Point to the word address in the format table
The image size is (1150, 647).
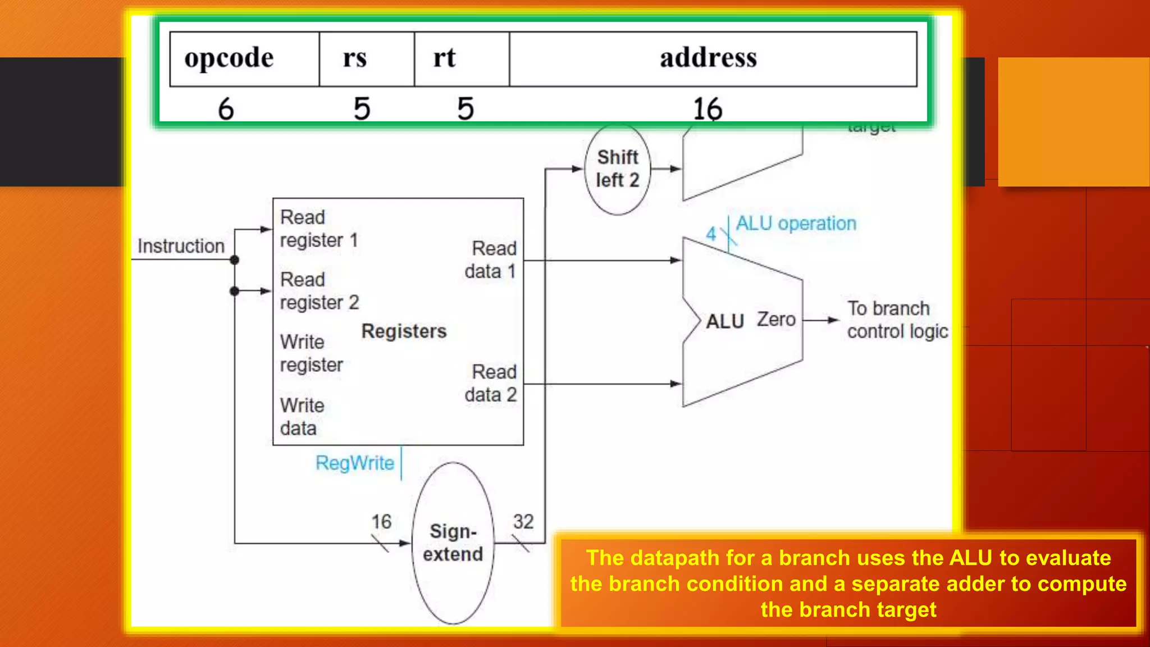tap(708, 58)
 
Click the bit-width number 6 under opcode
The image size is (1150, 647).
tap(226, 108)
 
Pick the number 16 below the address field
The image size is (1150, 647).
tap(708, 108)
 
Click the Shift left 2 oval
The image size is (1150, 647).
tap(617, 169)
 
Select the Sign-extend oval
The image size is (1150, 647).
tap(453, 543)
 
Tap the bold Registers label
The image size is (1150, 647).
tap(404, 331)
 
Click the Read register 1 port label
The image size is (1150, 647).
tap(318, 229)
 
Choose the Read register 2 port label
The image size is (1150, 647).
tap(319, 291)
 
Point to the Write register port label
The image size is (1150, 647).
tap(311, 353)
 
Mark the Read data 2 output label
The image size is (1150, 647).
tap(491, 383)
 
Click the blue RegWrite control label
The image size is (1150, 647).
tap(355, 463)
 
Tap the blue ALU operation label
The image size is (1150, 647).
tap(796, 224)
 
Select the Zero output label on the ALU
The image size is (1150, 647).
tap(776, 320)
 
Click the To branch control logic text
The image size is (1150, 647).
tap(897, 320)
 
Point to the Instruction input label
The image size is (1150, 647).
tap(181, 246)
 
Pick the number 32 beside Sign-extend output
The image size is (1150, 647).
tap(523, 522)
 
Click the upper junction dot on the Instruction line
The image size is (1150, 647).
tap(235, 260)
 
